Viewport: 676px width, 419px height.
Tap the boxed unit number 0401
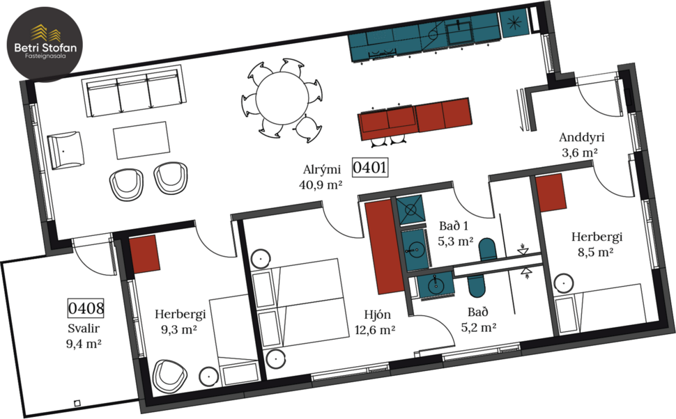point(369,168)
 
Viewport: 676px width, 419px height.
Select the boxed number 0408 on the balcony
point(86,307)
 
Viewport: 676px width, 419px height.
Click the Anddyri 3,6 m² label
point(580,144)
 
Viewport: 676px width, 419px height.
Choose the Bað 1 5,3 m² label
point(456,235)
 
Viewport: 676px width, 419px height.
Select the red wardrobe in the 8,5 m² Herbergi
point(550,192)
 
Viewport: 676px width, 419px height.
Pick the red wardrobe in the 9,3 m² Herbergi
point(146,254)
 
